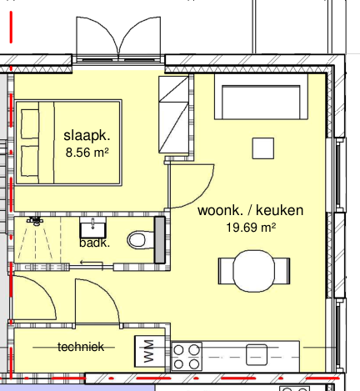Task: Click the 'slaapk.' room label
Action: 87,136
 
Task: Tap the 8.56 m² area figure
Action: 87,153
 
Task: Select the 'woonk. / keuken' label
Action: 250,210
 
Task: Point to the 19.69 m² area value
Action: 251,228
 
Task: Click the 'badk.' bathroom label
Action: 94,243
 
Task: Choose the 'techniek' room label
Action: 81,347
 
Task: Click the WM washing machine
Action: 149,351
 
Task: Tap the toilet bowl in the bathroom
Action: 141,240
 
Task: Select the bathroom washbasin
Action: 92,228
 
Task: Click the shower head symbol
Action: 36,221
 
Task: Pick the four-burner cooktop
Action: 187,357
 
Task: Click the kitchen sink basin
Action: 257,355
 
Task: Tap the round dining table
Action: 254,271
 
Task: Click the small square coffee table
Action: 263,148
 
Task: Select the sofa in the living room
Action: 261,97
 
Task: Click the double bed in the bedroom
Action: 68,143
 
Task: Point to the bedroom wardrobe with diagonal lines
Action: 173,114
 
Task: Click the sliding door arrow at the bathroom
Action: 92,263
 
